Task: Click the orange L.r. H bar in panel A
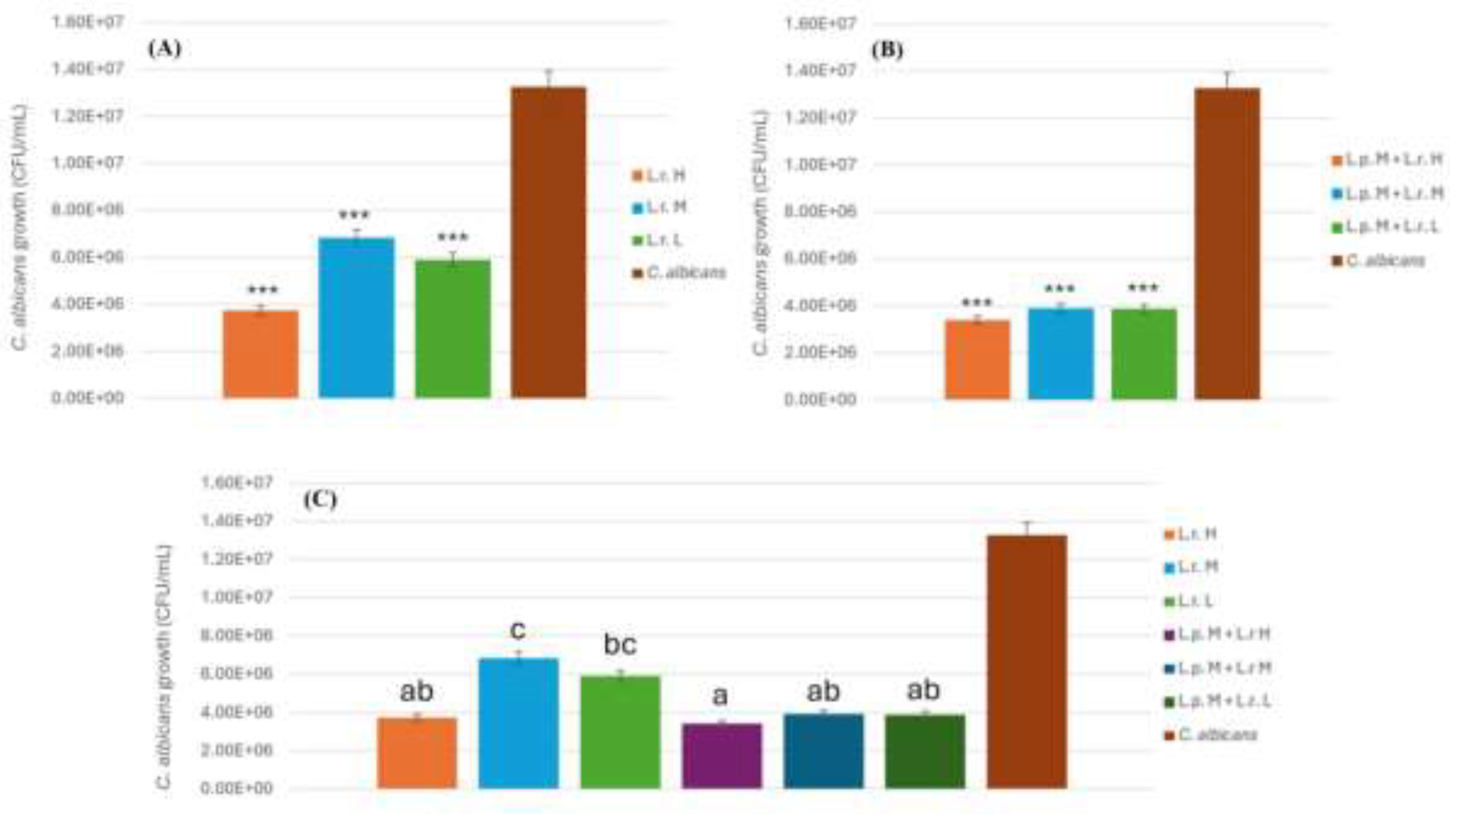pos(261,354)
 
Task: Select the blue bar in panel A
pos(356,317)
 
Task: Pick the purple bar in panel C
pos(721,756)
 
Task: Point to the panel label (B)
pos(887,50)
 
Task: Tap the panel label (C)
pos(320,500)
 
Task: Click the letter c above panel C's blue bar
pos(517,630)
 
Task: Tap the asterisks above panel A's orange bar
pos(262,290)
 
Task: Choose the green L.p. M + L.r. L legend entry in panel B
pos(1386,227)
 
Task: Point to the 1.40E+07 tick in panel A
pos(87,69)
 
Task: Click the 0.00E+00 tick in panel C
pos(237,788)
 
